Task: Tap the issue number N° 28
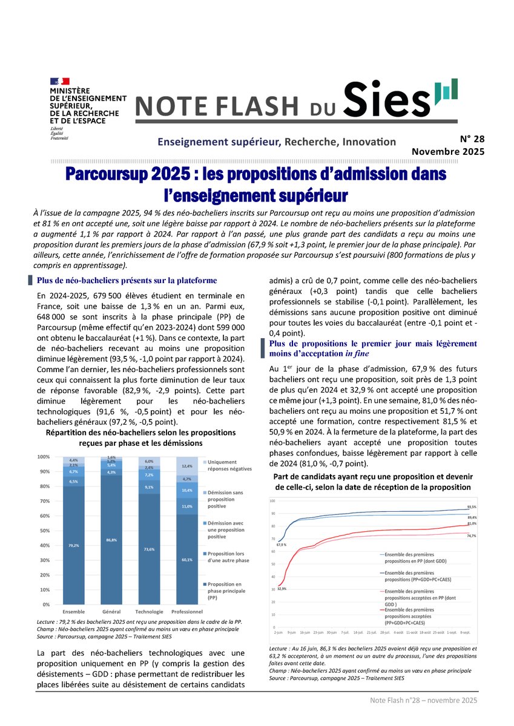pyautogui.click(x=468, y=139)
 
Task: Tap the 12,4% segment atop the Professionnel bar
pyautogui.click(x=187, y=466)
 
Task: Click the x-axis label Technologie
pyautogui.click(x=148, y=611)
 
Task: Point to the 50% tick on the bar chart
pyautogui.click(x=45, y=531)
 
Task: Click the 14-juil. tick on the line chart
pyautogui.click(x=358, y=632)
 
